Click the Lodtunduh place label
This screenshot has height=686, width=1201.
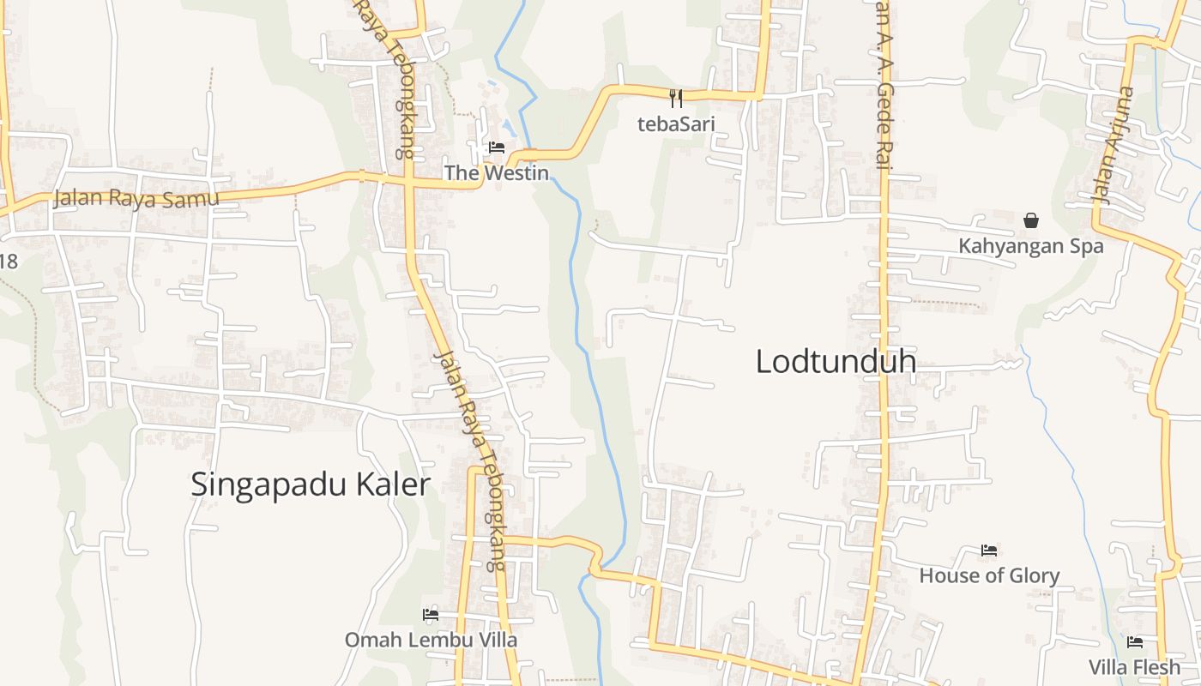835,362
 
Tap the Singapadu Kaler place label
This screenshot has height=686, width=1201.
310,484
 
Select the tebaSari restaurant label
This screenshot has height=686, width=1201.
676,124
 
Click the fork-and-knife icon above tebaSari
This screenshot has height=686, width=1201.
676,98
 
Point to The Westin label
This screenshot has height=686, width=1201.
496,172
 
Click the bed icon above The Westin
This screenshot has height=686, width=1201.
496,147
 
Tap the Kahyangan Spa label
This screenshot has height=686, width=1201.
1030,246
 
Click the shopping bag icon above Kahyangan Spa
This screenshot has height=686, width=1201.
1031,220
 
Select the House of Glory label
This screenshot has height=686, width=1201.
989,575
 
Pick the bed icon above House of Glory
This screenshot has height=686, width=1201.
989,550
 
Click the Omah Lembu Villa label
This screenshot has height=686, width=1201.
431,640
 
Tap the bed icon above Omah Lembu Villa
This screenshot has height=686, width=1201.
431,614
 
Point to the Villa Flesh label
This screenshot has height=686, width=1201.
1134,666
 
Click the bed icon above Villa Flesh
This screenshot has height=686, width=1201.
1135,641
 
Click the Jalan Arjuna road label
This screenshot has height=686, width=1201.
1112,145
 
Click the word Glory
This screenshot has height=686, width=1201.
1034,575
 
